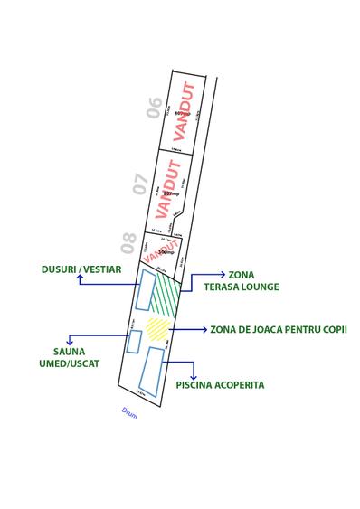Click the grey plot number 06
point(155,108)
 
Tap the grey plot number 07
point(140,184)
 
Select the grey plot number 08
point(128,243)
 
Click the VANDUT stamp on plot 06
point(183,112)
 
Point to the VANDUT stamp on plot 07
point(168,189)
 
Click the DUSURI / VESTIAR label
point(81,269)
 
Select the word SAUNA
point(75,352)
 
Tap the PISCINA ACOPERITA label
point(221,384)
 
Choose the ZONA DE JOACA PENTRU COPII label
point(278,330)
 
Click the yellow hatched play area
point(157,327)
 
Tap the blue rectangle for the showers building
point(144,290)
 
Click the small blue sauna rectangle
point(135,342)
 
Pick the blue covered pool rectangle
point(150,371)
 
